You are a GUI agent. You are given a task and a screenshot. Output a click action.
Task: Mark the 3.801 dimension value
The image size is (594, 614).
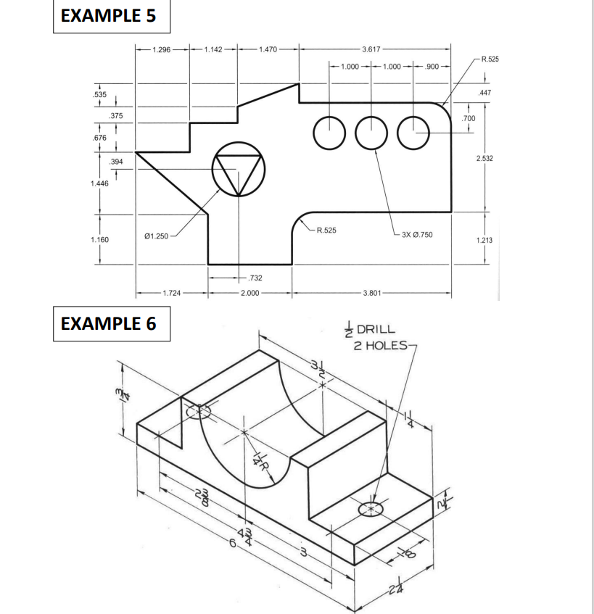[x=371, y=293]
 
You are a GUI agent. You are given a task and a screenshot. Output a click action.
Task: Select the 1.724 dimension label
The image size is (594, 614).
[x=172, y=293]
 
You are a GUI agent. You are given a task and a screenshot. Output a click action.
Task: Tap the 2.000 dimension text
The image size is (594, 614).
[x=249, y=293]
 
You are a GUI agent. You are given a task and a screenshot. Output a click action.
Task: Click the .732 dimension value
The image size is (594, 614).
[x=254, y=278]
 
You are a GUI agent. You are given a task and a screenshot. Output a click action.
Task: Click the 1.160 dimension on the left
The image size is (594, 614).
[x=96, y=238]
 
